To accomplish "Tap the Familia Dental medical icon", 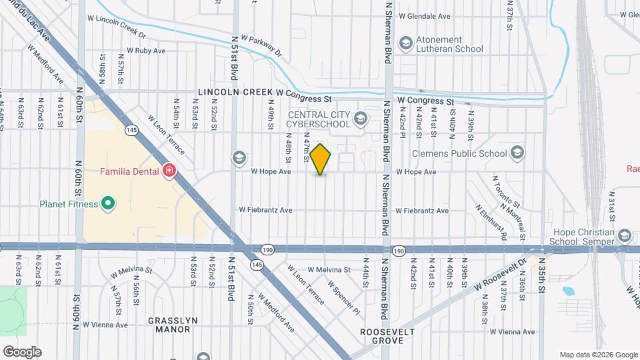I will point(169,171).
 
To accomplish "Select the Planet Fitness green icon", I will point(105,204).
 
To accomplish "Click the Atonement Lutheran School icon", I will point(405,44).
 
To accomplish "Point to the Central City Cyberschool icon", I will point(361,119).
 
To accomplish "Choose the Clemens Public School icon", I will point(516,153).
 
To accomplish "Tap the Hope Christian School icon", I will point(624,236).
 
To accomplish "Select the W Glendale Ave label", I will point(424,16).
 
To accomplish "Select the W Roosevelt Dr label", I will point(501,275).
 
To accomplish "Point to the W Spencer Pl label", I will point(344,297).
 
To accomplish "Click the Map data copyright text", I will point(598,354).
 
